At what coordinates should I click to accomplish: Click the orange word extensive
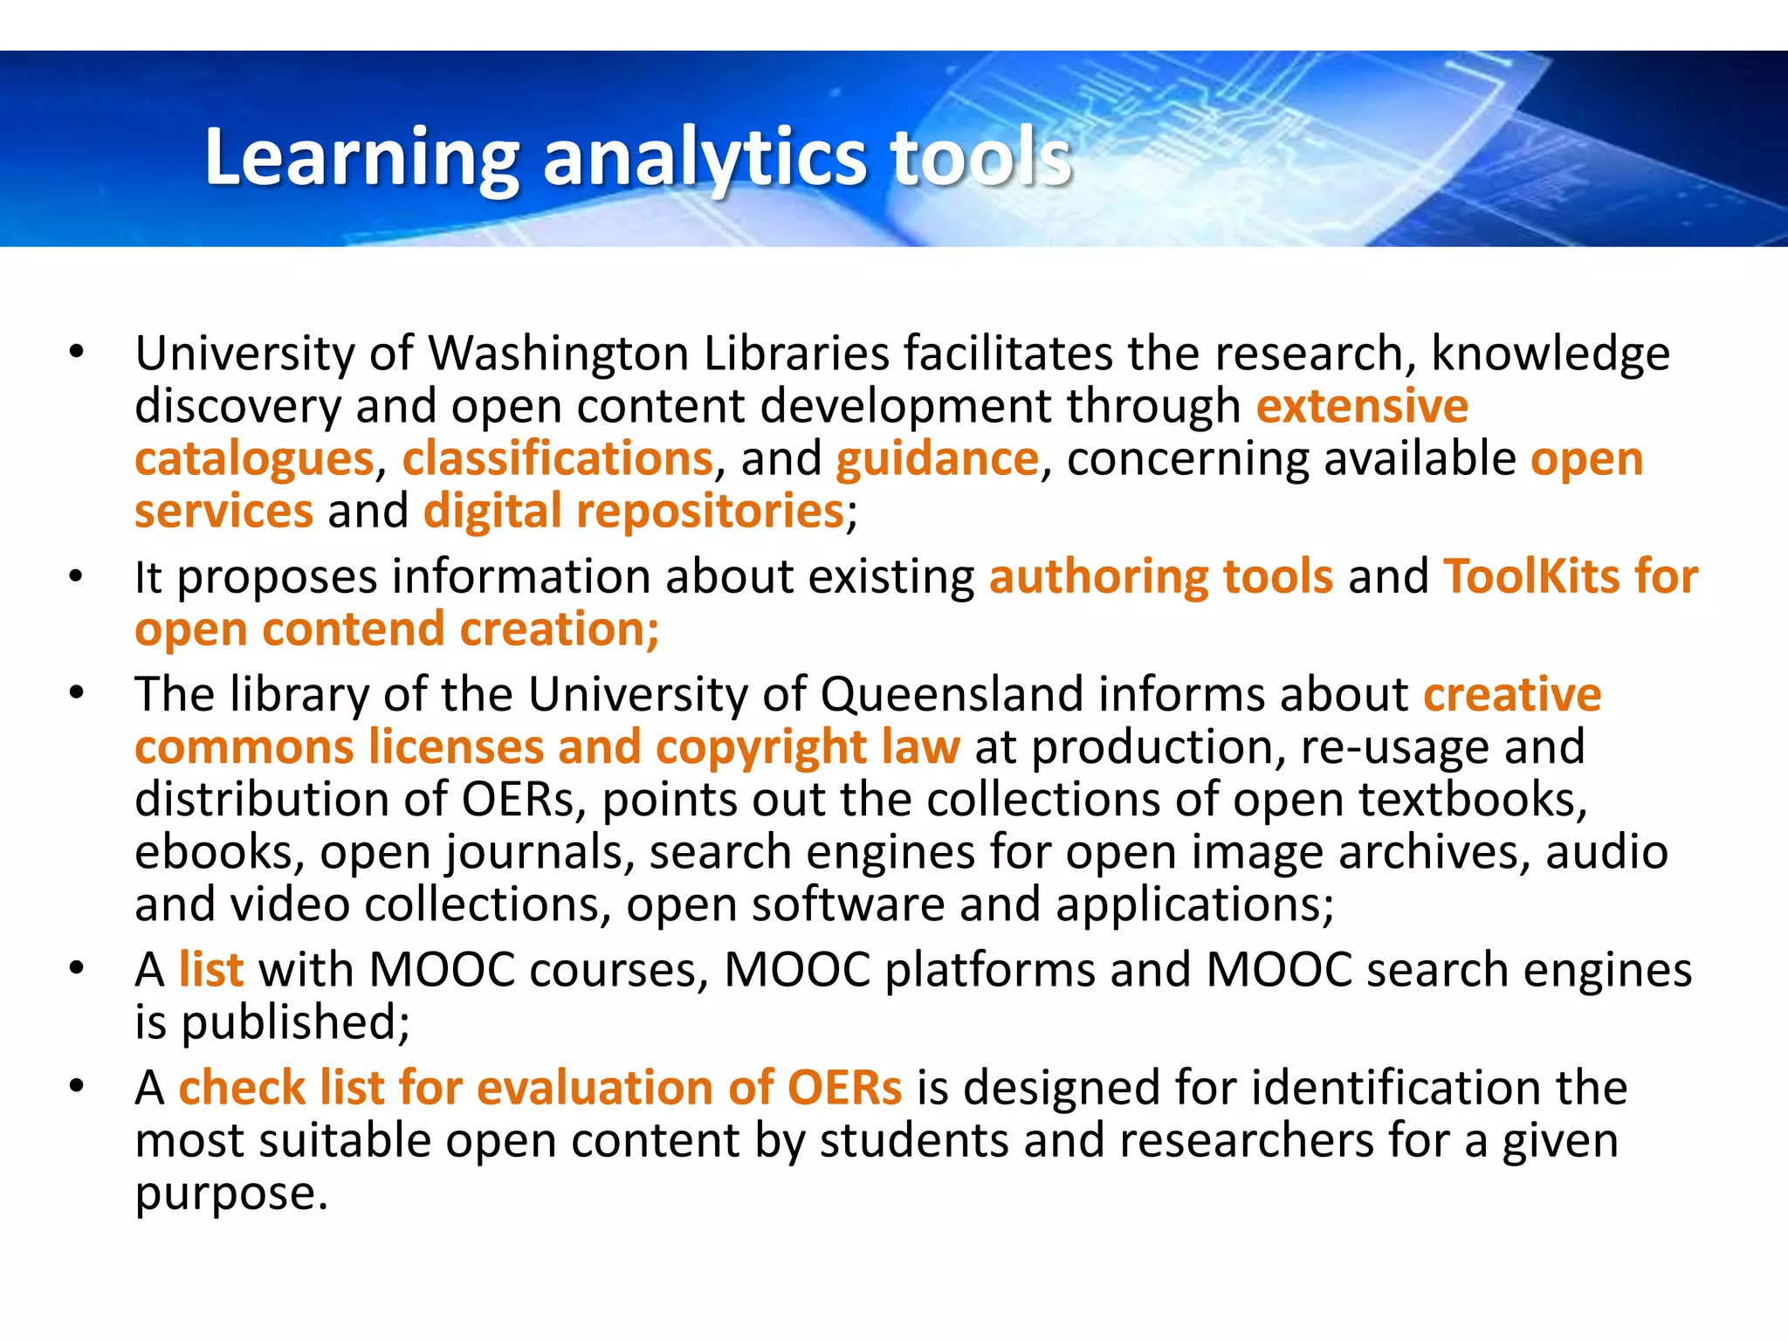pyautogui.click(x=1362, y=407)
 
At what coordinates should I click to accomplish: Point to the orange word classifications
pyautogui.click(x=557, y=459)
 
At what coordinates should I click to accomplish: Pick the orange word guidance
pyautogui.click(x=937, y=459)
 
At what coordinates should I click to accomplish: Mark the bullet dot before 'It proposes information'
pyautogui.click(x=77, y=577)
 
